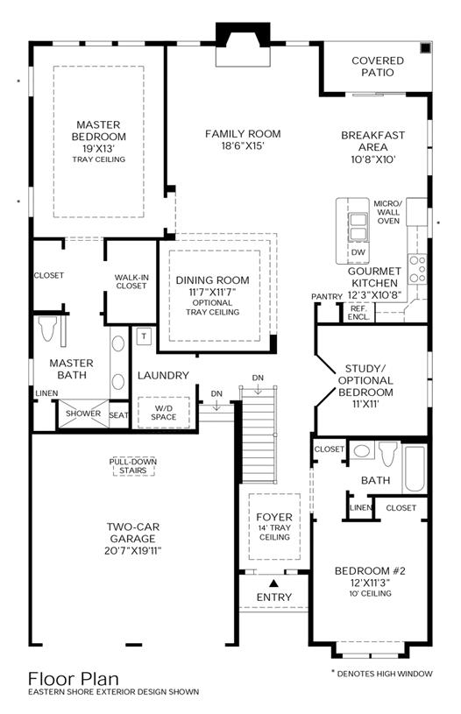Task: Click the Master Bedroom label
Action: point(99,131)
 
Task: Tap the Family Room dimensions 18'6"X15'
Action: point(243,145)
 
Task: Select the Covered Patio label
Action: point(378,67)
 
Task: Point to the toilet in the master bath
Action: point(47,329)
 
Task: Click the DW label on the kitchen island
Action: point(358,252)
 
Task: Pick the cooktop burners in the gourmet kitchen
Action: point(417,269)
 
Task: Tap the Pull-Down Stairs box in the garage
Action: point(133,466)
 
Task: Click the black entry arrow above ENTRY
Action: point(273,583)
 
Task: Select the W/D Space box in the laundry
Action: point(164,413)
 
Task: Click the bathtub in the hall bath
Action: point(415,469)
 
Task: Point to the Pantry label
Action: point(327,296)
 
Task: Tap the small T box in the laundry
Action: point(144,336)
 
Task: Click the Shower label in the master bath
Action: point(83,414)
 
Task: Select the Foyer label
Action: point(274,517)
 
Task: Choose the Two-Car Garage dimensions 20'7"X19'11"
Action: point(133,550)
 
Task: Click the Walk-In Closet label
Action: point(131,281)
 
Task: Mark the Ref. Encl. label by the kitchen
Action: point(358,313)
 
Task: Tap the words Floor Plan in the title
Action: point(74,679)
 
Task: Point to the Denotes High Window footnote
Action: point(382,674)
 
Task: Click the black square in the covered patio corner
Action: point(425,48)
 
